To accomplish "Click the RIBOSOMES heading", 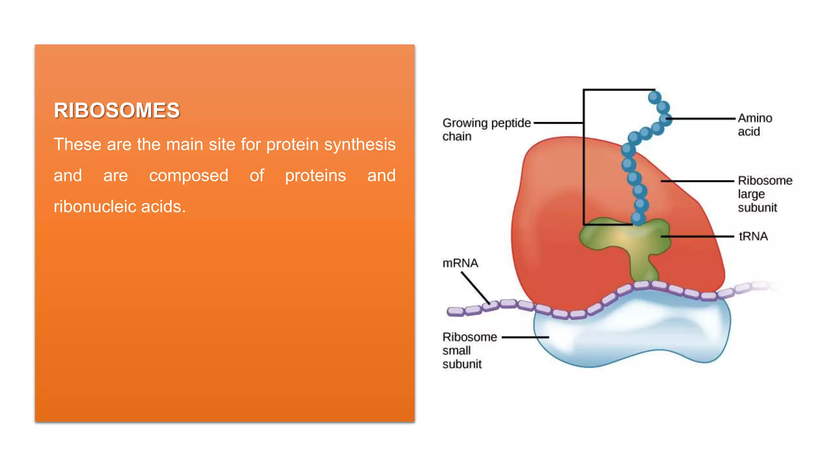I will click(117, 110).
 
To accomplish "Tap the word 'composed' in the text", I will click(189, 176).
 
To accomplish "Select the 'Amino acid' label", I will click(755, 125).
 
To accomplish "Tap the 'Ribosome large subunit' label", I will click(764, 194).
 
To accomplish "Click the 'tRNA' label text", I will click(753, 236).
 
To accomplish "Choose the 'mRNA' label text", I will click(460, 263).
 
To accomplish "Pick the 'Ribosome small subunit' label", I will click(469, 350).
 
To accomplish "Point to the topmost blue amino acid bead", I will click(655, 97).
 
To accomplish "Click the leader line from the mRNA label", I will click(475, 288).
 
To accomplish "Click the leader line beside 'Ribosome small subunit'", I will click(525, 337).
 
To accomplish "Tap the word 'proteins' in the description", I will click(315, 176).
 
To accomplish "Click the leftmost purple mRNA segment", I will click(455, 311).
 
